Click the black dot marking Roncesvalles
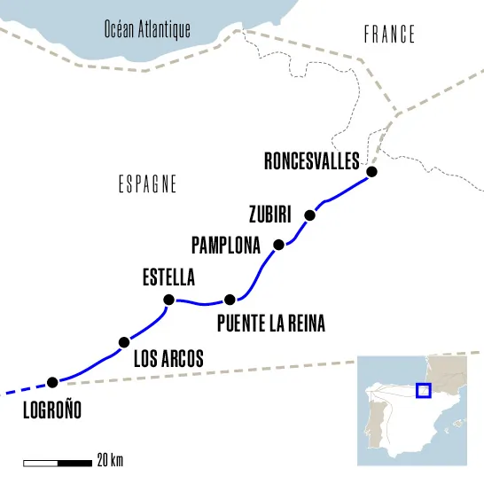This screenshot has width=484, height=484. (372, 172)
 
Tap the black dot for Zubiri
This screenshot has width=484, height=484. (309, 215)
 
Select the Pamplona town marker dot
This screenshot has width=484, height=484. (278, 245)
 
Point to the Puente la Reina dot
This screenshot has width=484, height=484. (230, 299)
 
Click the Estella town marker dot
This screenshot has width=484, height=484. (168, 299)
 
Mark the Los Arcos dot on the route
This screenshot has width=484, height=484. (123, 342)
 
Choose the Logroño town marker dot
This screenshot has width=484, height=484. (52, 382)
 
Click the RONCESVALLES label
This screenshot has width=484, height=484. (311, 160)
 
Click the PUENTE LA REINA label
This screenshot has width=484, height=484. (270, 324)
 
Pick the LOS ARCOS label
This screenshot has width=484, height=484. (168, 358)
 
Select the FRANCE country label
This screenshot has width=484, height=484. (390, 35)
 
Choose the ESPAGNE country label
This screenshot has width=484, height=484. (147, 184)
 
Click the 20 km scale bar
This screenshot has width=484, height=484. (58, 462)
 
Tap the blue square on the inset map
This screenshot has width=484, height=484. (423, 391)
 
